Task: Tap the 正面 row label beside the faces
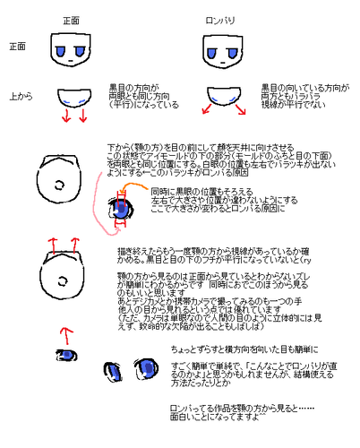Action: click(x=17, y=46)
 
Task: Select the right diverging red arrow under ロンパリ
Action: click(x=243, y=112)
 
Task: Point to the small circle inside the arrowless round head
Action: click(x=60, y=185)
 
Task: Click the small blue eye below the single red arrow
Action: click(x=65, y=357)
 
